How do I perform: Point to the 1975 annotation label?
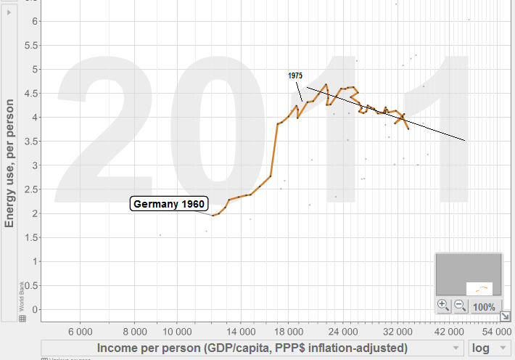tap(294, 75)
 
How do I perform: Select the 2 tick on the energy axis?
tap(33, 213)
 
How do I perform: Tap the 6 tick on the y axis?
tap(33, 21)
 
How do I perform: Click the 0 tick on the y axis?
tap(33, 309)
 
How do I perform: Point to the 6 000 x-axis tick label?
tap(80, 329)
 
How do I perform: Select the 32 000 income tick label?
tap(395, 329)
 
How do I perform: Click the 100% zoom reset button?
tap(485, 307)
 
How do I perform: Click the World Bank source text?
tap(22, 299)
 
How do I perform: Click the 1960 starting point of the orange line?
tap(213, 216)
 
